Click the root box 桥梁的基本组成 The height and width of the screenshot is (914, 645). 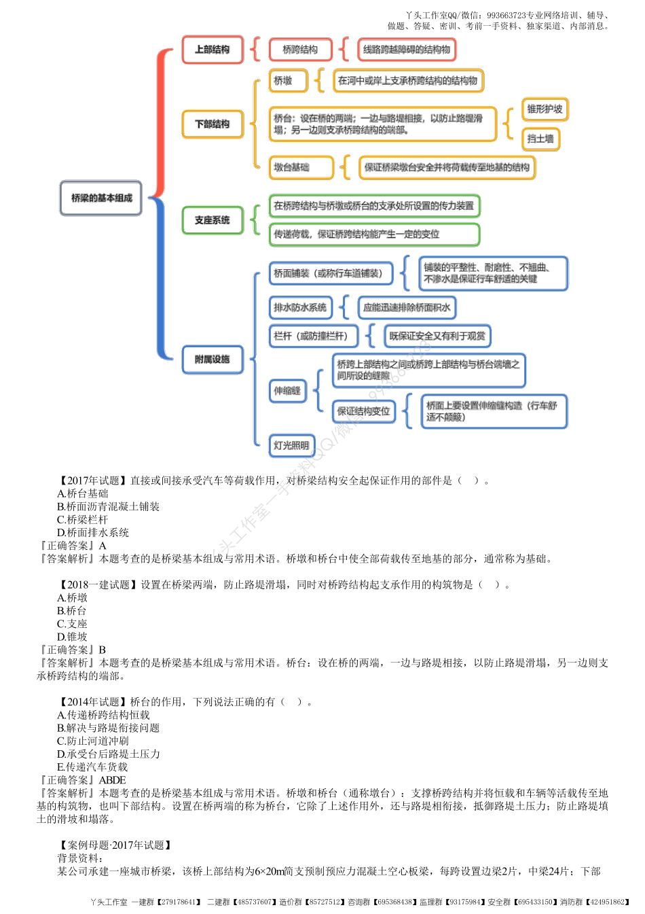pos(101,198)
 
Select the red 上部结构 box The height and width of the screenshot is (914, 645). pos(213,50)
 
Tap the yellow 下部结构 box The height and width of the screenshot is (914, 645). pos(213,124)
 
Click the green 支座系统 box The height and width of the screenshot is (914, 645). pos(213,220)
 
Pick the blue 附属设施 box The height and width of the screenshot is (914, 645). pos(213,359)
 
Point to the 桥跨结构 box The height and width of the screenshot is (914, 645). pos(300,50)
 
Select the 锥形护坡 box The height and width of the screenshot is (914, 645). pos(545,109)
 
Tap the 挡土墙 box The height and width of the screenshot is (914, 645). pos(540,139)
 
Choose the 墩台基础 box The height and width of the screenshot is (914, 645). pos(301,167)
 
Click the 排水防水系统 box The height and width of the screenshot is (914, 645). pos(300,308)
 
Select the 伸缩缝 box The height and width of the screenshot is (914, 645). pos(287,391)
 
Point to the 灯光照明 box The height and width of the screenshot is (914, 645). pos(292,446)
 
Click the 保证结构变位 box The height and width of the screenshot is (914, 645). pos(364,411)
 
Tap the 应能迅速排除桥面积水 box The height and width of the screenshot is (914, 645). pos(407,308)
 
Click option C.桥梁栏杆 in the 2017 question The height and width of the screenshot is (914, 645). pos(82,520)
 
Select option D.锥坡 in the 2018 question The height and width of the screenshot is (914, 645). pos(72,637)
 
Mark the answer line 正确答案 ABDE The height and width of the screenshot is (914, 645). pos(83,780)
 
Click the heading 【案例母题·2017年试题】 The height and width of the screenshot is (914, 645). pos(116,845)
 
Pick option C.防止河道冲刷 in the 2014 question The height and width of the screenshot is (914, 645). pos(92,741)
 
